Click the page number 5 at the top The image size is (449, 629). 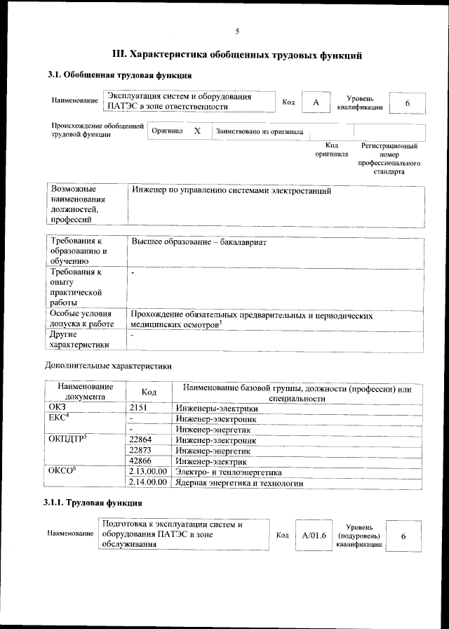(237, 31)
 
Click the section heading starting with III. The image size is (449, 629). (237, 53)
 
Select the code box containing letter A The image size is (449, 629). (316, 102)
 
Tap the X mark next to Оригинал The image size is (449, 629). (197, 131)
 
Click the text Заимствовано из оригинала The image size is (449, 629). (260, 131)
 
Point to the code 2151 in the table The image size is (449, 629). (140, 409)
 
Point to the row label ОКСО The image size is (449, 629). (62, 472)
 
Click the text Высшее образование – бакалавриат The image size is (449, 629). (199, 242)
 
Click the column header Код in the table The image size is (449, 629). (148, 392)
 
